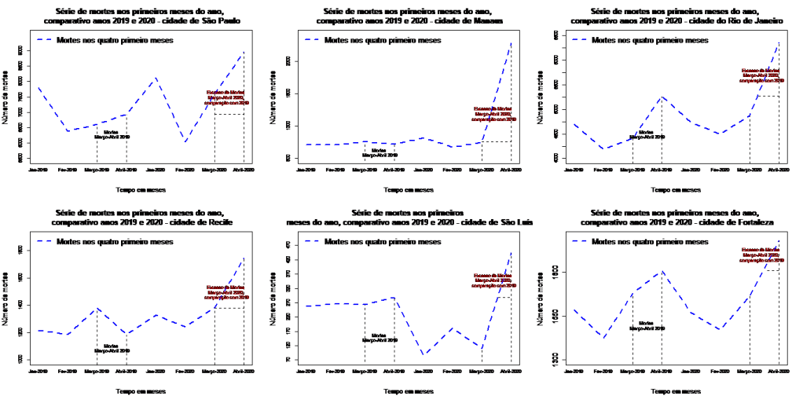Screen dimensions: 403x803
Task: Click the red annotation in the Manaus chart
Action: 493,114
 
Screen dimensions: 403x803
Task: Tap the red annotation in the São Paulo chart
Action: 227,97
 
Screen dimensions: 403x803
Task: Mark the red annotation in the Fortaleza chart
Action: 761,255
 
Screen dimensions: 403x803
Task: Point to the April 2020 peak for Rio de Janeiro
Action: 779,42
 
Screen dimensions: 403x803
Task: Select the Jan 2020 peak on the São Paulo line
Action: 156,78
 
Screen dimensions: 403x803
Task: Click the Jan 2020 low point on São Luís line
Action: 423,355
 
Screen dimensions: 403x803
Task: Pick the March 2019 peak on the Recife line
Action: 97,308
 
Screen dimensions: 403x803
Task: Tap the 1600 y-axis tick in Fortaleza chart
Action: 554,271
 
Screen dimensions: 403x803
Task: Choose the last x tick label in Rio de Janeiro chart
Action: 779,169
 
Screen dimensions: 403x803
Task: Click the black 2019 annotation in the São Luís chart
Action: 379,338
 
